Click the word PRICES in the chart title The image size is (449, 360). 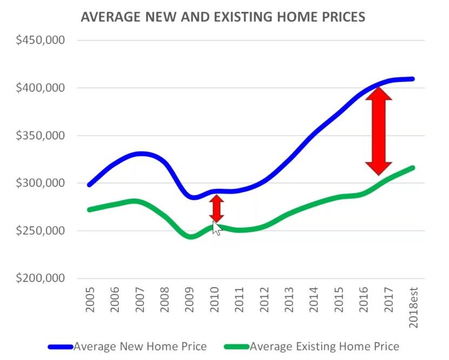(x=341, y=17)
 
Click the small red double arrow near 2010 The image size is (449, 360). (x=216, y=208)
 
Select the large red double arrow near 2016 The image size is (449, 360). (x=378, y=131)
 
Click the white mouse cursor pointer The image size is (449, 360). (x=217, y=228)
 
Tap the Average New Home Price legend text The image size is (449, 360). (x=140, y=347)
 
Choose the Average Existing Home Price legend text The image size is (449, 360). (x=324, y=347)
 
